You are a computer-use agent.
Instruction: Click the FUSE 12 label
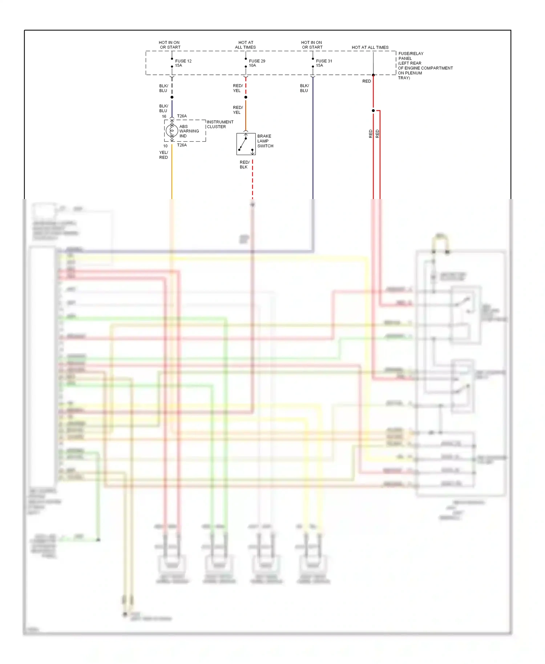coord(183,61)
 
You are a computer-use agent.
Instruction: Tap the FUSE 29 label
coord(257,61)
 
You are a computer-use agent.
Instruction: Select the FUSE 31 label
coord(324,61)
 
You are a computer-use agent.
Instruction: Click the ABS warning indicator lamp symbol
coord(172,130)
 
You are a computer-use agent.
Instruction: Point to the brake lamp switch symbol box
coord(246,144)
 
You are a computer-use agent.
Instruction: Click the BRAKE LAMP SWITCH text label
coord(265,141)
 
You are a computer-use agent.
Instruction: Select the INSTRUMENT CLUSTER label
coord(220,124)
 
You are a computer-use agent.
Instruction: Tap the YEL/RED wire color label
coord(163,155)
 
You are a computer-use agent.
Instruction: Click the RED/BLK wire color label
coord(244,165)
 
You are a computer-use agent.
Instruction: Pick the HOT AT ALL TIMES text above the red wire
coord(370,48)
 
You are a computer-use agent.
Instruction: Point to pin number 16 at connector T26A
coord(164,117)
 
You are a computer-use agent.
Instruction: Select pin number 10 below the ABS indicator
coord(165,146)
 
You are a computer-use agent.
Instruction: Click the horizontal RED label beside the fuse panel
coord(366,81)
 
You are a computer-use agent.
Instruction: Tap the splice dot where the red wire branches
coord(373,110)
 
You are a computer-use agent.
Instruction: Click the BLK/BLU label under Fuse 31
coord(304,88)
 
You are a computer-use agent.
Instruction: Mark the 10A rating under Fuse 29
coord(252,66)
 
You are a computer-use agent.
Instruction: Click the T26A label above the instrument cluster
coord(182,116)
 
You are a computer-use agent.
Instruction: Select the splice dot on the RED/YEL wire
coord(246,97)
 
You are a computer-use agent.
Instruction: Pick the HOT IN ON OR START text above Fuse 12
coord(169,45)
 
